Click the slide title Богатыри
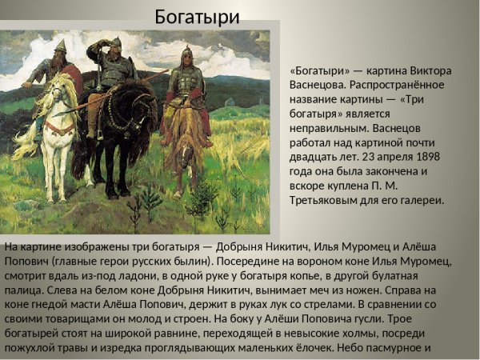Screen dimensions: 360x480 [197, 15]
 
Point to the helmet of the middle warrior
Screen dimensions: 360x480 [116, 42]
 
